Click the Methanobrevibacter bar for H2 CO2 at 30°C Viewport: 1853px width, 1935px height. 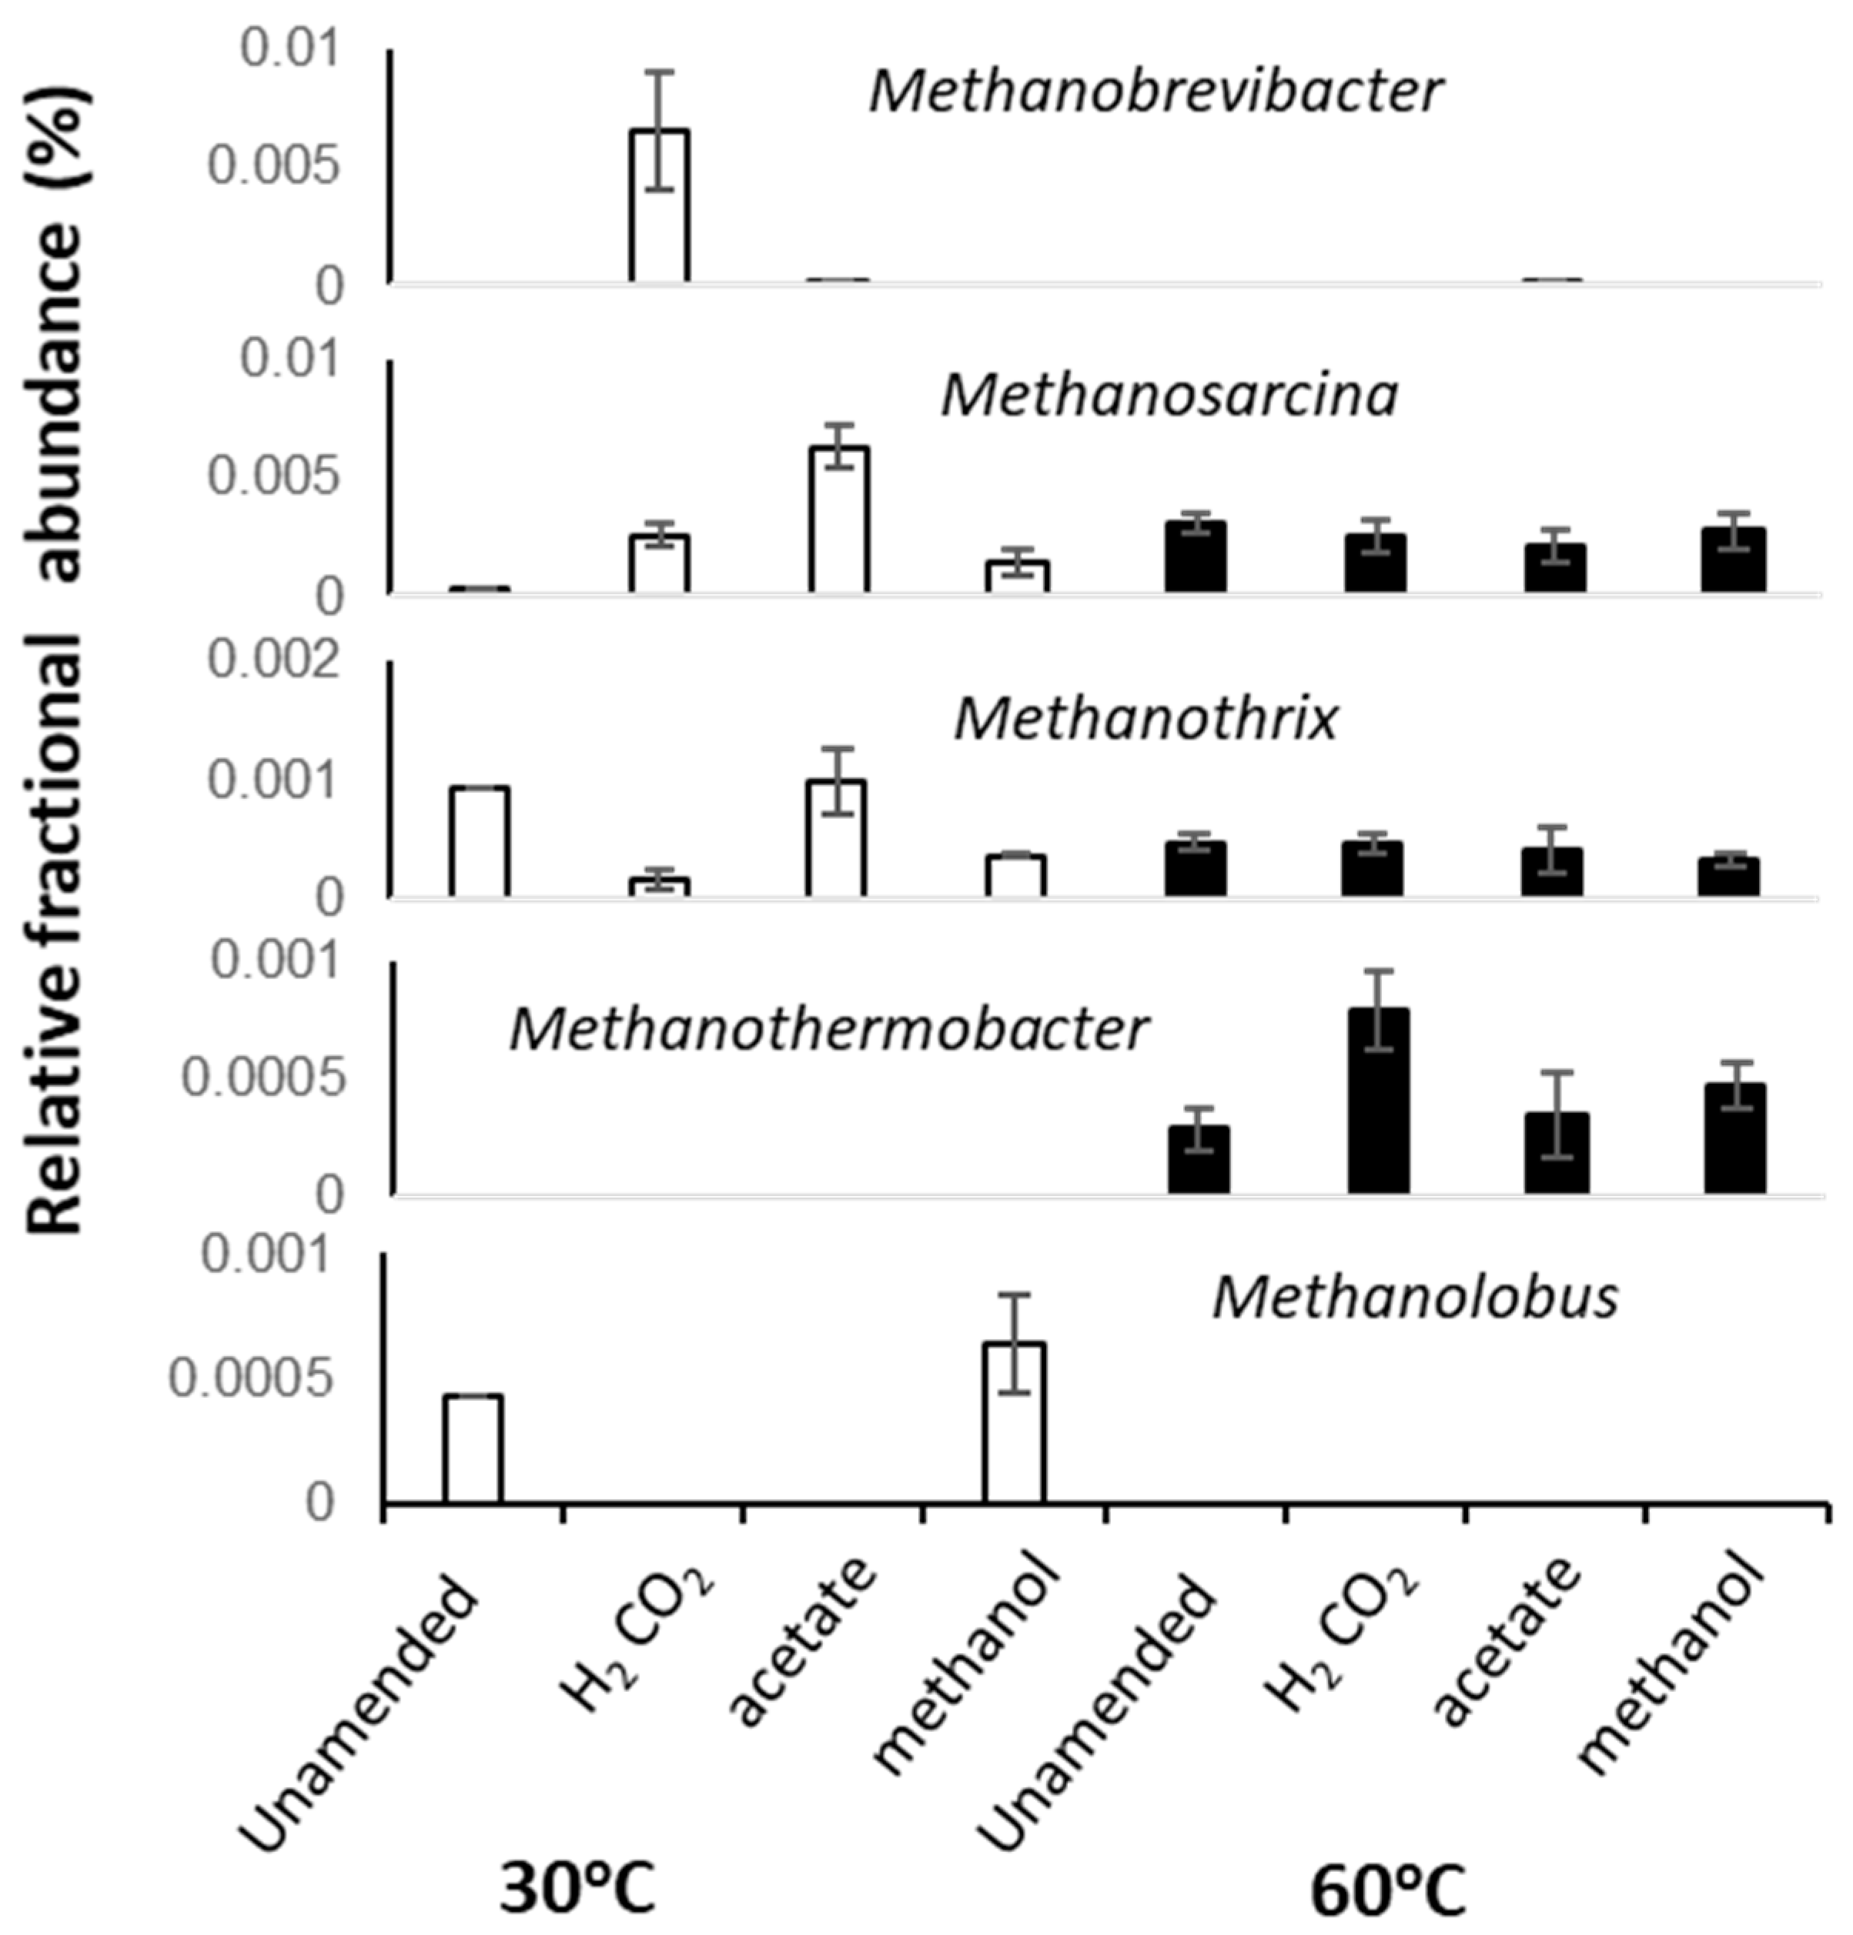pyautogui.click(x=660, y=207)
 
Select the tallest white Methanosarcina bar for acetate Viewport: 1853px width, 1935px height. pyautogui.click(x=838, y=520)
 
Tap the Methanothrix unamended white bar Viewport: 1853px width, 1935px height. pyautogui.click(x=480, y=842)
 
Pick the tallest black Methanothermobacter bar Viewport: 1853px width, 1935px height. pyautogui.click(x=1378, y=1101)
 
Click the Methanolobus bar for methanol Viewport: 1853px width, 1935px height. pyautogui.click(x=1014, y=1422)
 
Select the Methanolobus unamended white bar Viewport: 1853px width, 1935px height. pyautogui.click(x=472, y=1449)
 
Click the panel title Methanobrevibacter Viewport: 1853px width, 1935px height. pyautogui.click(x=1155, y=92)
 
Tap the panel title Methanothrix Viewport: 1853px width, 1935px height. pyautogui.click(x=1146, y=719)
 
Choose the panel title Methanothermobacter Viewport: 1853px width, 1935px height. pyautogui.click(x=828, y=1029)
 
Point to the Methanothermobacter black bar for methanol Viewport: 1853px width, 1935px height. pyautogui.click(x=1734, y=1138)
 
